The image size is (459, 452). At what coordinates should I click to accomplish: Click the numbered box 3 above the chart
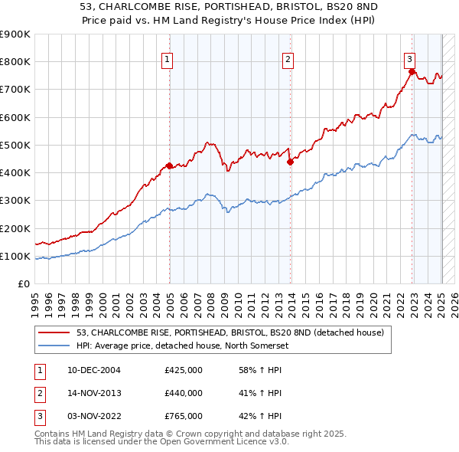409,58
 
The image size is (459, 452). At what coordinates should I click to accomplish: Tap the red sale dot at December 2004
169,165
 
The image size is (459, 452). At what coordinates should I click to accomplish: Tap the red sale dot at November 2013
291,161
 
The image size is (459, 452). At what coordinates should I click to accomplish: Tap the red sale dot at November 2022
412,71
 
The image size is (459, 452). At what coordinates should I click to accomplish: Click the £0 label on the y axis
23,284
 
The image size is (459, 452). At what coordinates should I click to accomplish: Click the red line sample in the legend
54,332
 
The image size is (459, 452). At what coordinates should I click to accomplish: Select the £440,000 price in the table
184,393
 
